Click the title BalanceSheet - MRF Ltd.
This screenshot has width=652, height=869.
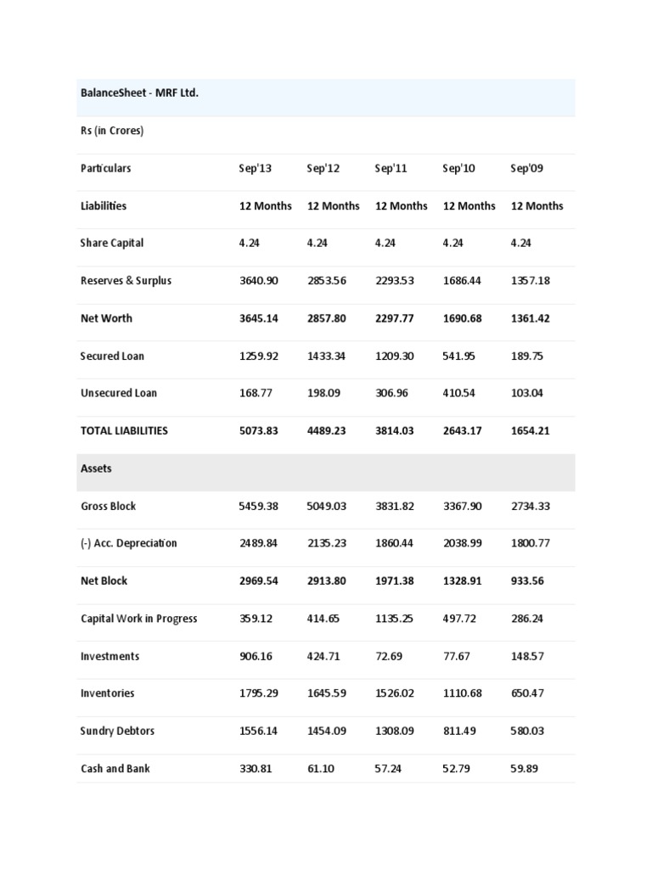tap(139, 93)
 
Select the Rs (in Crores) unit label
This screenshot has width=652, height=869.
tap(112, 131)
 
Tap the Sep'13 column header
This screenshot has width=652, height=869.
tap(256, 168)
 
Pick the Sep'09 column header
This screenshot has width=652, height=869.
tap(527, 168)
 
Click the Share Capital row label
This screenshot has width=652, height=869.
tap(112, 243)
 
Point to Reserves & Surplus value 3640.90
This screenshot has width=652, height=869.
tap(258, 280)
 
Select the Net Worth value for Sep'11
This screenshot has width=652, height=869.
tap(394, 318)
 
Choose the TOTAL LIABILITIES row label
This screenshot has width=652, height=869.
tap(124, 430)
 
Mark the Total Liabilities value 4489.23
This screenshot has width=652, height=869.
tap(326, 430)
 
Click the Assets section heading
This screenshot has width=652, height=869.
tap(96, 468)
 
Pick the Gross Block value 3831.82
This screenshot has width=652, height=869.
tap(394, 506)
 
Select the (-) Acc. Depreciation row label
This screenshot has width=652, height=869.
tap(129, 543)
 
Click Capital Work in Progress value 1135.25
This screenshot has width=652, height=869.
tap(394, 619)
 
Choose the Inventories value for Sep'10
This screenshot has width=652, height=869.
tap(462, 693)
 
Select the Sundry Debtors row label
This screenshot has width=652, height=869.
tap(117, 731)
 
